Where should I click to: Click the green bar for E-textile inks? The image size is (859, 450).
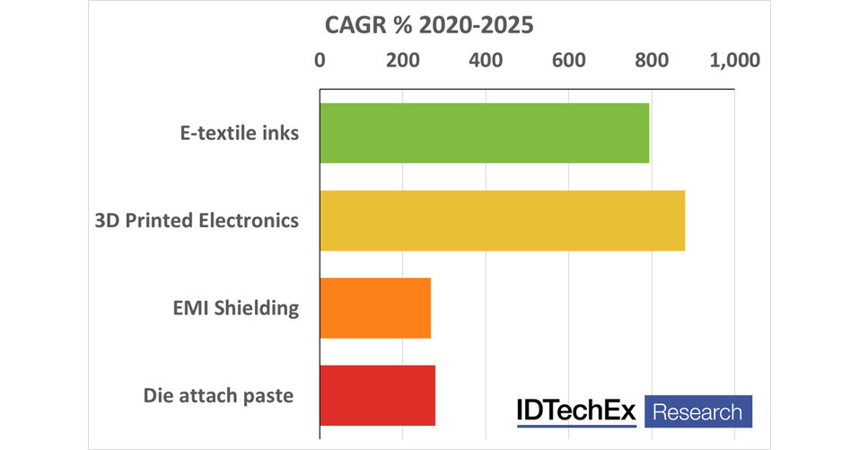point(484,133)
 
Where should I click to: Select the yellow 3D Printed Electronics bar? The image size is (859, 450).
point(502,220)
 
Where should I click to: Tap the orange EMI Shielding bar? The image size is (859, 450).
point(374,308)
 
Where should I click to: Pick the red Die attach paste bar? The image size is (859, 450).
point(377,395)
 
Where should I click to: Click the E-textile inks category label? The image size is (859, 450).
point(237,133)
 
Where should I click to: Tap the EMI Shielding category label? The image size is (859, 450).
point(236,308)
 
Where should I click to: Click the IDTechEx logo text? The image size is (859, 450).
point(575,411)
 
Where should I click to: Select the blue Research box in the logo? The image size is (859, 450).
point(697,411)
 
